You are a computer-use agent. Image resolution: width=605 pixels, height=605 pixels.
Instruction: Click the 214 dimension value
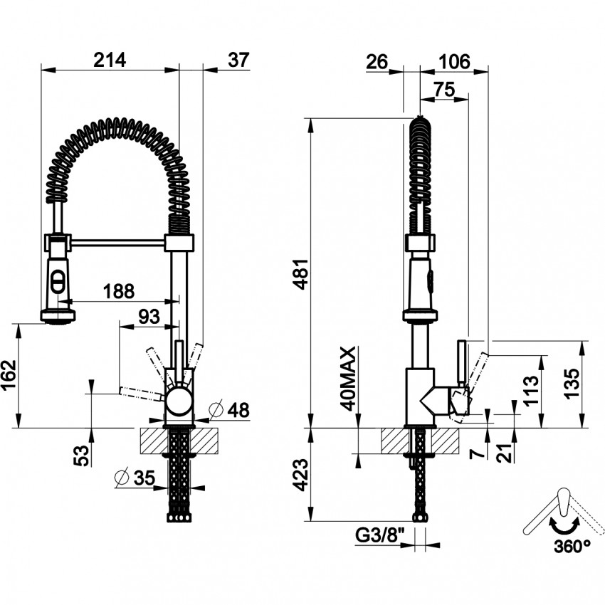(110, 60)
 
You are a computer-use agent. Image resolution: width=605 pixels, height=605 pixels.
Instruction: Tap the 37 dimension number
(239, 60)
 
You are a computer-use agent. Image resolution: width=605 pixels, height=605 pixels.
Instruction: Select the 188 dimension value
(119, 291)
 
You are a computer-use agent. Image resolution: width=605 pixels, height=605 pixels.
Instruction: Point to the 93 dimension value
(149, 317)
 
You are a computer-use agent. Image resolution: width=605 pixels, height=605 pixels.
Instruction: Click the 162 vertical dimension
(9, 375)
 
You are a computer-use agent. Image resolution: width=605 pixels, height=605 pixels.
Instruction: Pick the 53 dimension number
(81, 456)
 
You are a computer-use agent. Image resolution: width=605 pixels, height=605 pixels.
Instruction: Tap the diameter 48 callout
(229, 410)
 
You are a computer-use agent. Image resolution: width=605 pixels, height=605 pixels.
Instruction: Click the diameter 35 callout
(135, 478)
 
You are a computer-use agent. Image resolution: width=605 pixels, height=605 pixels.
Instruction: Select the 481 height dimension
(301, 273)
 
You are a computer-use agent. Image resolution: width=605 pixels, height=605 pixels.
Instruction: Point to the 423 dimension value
(301, 475)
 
